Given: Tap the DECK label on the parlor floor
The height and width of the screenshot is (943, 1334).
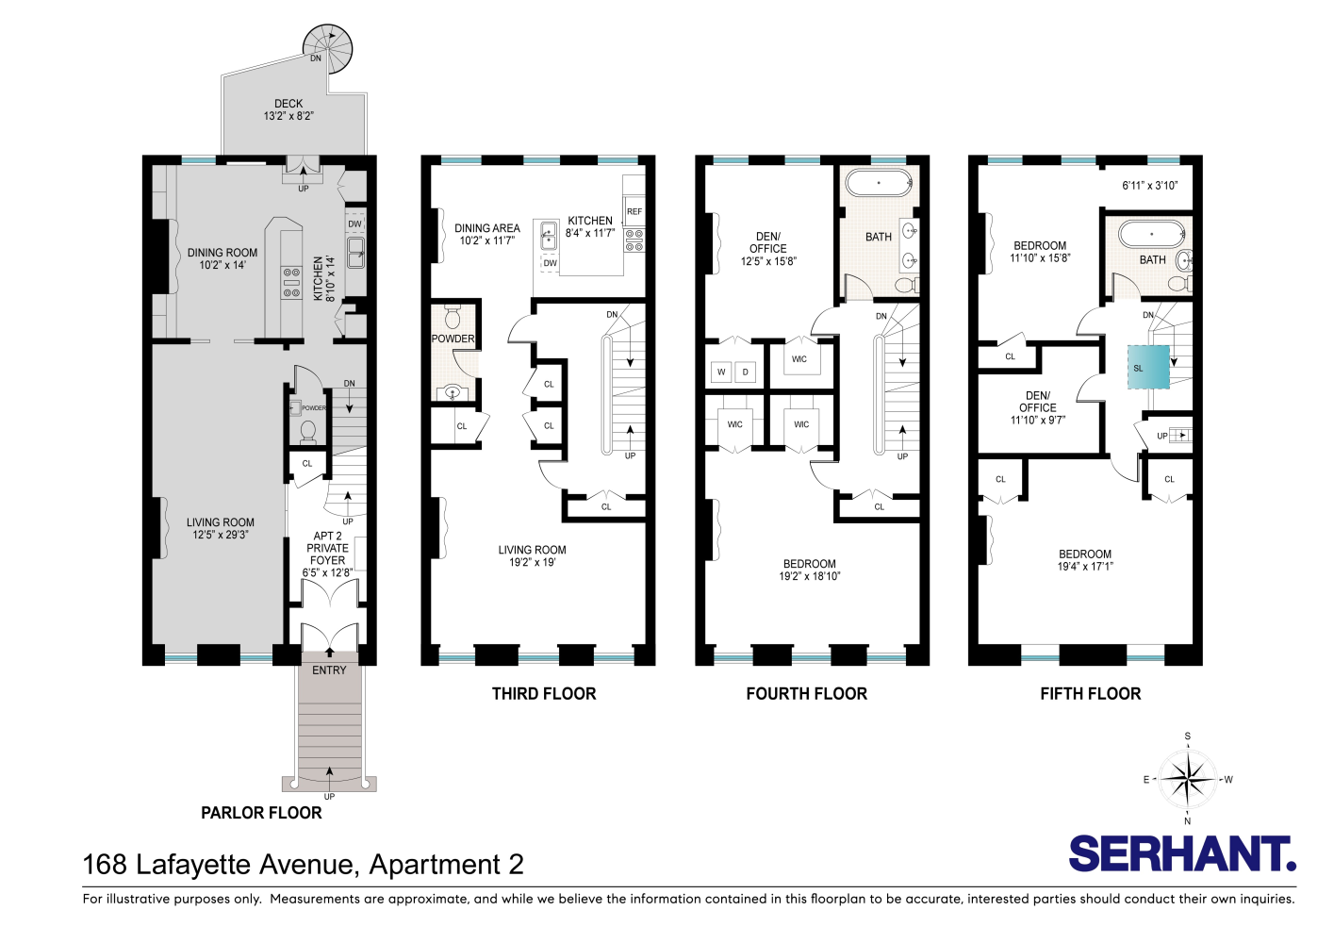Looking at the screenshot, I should tap(288, 104).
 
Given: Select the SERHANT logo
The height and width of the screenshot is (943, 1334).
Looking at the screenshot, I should tap(1182, 854).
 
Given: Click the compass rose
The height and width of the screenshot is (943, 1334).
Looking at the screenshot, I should tap(1187, 779).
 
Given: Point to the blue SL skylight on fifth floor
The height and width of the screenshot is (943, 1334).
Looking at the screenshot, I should tap(1148, 368).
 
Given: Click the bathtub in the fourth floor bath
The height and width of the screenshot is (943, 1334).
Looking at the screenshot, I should tap(879, 182).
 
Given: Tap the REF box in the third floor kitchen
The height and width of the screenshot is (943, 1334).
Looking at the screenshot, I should tap(634, 211).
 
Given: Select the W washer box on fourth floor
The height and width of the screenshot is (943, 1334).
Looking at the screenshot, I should tap(721, 372).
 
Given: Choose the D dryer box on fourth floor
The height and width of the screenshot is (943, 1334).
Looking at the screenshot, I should tap(745, 372).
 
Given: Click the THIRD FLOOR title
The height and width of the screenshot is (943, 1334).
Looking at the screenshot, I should tap(544, 694).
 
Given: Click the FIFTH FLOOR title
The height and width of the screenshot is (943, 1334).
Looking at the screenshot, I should tap(1090, 694).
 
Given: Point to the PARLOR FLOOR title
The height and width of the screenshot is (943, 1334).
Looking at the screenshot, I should tap(261, 813).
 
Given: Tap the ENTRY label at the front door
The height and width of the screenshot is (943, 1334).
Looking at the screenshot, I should tap(329, 670).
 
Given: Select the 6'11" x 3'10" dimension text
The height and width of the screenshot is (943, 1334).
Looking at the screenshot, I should tap(1149, 186).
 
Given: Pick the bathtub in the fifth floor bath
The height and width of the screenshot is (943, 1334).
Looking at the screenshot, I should tap(1150, 232).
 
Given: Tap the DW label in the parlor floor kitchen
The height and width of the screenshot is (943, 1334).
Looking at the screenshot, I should tap(354, 223).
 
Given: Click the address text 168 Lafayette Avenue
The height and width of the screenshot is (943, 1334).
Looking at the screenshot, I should tap(303, 865).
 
